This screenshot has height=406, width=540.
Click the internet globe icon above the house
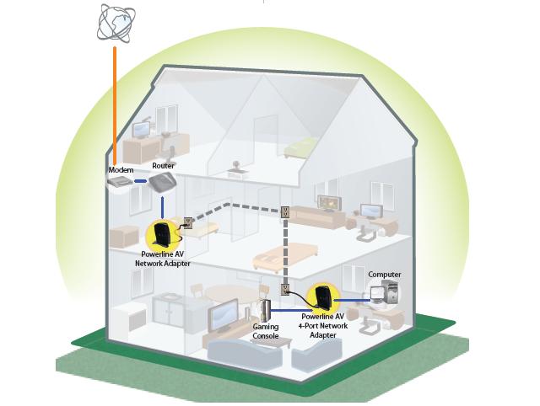pyautogui.click(x=116, y=23)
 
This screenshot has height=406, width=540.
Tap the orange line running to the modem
pyautogui.click(x=112, y=101)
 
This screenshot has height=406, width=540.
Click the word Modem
pyautogui.click(x=121, y=170)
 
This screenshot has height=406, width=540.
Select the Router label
pyautogui.click(x=164, y=167)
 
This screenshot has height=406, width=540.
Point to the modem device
pyautogui.click(x=123, y=182)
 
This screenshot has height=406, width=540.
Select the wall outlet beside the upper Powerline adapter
pyautogui.click(x=188, y=223)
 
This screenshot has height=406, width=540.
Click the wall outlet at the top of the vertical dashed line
pyautogui.click(x=285, y=212)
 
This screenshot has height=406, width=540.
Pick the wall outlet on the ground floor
pyautogui.click(x=286, y=292)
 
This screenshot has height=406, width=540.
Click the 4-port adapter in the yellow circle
pyautogui.click(x=321, y=297)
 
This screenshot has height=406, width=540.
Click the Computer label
pyautogui.click(x=384, y=275)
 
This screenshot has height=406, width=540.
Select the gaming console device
pyautogui.click(x=266, y=311)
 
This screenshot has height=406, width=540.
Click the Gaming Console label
pyautogui.click(x=266, y=331)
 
